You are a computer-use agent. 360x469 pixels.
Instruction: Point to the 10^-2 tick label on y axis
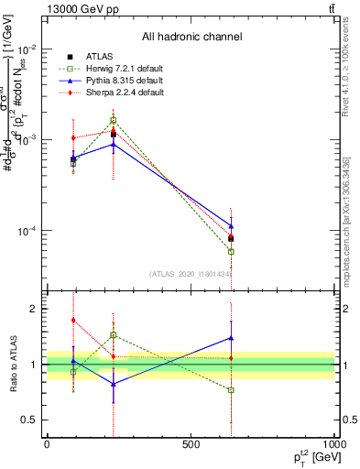(30, 49)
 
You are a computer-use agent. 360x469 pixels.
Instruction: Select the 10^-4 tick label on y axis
(30, 231)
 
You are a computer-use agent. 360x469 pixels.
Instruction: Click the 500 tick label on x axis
(191, 444)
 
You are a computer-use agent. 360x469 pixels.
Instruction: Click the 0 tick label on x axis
(47, 444)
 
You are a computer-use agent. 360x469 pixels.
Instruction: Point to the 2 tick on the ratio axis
(33, 310)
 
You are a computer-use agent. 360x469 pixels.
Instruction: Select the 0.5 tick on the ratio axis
(30, 420)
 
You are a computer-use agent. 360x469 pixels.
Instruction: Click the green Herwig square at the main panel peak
(114, 120)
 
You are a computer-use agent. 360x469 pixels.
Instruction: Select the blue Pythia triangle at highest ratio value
(231, 338)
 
